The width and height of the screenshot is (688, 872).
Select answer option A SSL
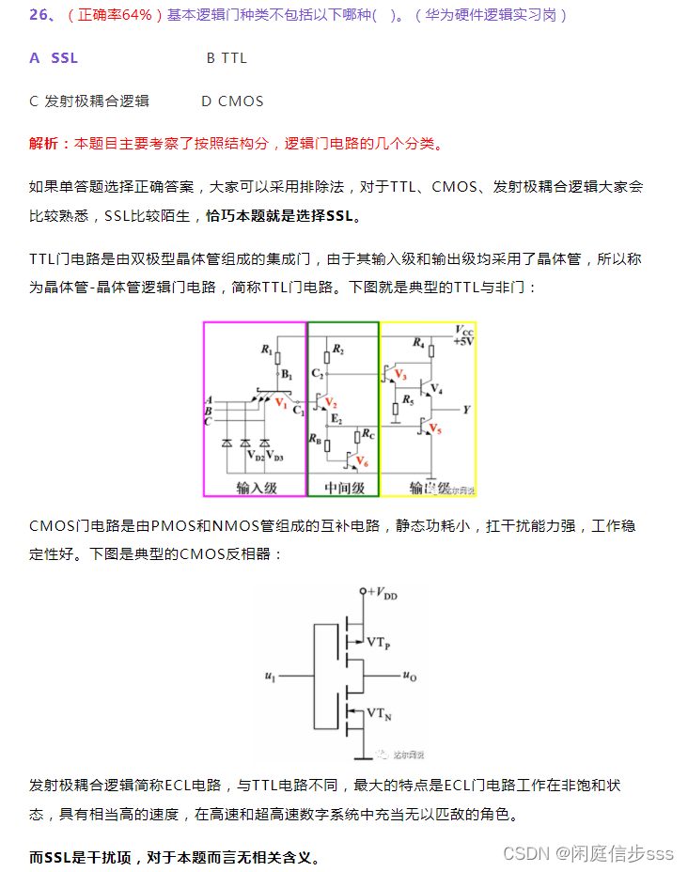coord(54,58)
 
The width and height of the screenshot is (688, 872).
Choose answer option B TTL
coord(227,58)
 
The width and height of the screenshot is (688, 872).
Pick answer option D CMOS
coord(232,101)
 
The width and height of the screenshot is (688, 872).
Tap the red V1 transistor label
coord(280,402)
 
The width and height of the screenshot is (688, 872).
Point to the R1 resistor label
coord(266,350)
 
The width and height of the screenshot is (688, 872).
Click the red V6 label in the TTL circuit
coord(363,461)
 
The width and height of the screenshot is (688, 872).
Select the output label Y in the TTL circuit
coord(467,410)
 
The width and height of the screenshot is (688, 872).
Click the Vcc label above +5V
coord(464,331)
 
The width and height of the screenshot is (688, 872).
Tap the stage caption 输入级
coord(255,488)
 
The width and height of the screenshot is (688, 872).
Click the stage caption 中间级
coord(343,488)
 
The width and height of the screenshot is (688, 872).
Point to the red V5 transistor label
coord(434,429)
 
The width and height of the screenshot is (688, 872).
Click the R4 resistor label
coord(418,343)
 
